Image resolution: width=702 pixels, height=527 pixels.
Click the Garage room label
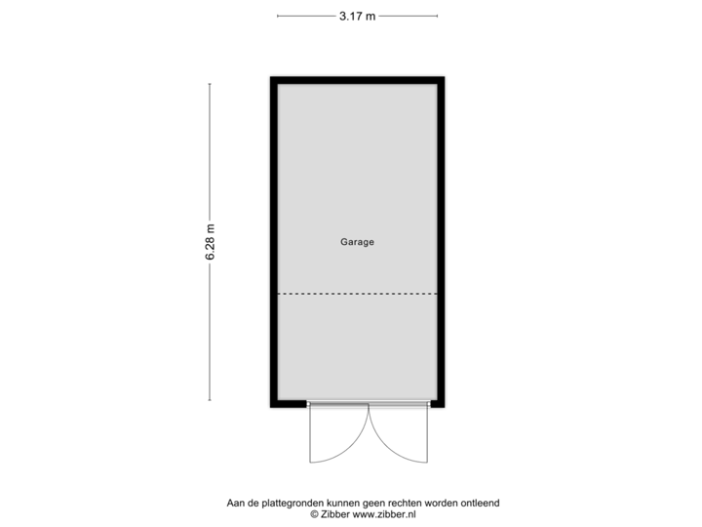(357, 242)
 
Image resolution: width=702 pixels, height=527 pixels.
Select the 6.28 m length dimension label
(210, 242)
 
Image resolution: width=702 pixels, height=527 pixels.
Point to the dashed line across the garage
(357, 294)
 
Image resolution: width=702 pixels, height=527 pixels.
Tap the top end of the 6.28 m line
(210, 84)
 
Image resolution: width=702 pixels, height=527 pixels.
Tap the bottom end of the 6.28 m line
(210, 399)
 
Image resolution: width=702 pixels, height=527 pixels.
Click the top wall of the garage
(357, 79)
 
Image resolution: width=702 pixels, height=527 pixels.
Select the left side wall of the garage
(272, 242)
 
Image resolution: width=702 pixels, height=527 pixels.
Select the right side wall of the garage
(443, 242)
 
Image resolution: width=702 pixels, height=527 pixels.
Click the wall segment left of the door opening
(289, 404)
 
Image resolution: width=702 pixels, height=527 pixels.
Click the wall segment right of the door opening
(438, 404)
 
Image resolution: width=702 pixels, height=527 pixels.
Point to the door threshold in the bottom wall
(369, 404)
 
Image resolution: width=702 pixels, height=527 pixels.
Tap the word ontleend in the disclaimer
(480, 504)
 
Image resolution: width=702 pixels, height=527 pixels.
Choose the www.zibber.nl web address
(384, 513)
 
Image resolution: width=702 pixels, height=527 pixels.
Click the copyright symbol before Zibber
(314, 513)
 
